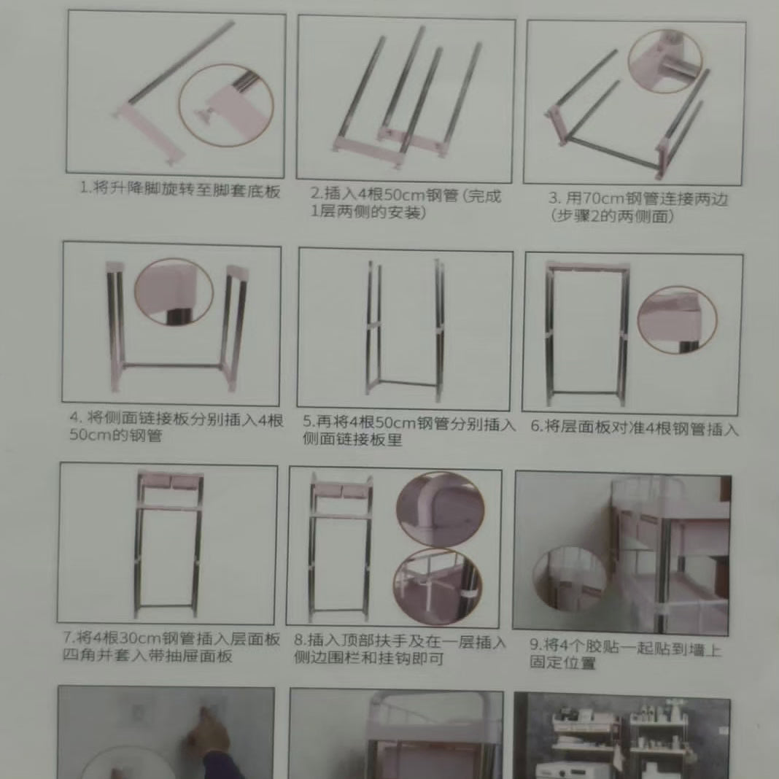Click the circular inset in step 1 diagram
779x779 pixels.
pyautogui.click(x=225, y=105)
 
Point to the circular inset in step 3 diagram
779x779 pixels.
pyautogui.click(x=664, y=63)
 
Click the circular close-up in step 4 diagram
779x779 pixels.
pyautogui.click(x=174, y=292)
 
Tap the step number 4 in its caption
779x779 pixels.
pyautogui.click(x=74, y=419)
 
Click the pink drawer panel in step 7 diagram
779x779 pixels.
pyautogui.click(x=169, y=481)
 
